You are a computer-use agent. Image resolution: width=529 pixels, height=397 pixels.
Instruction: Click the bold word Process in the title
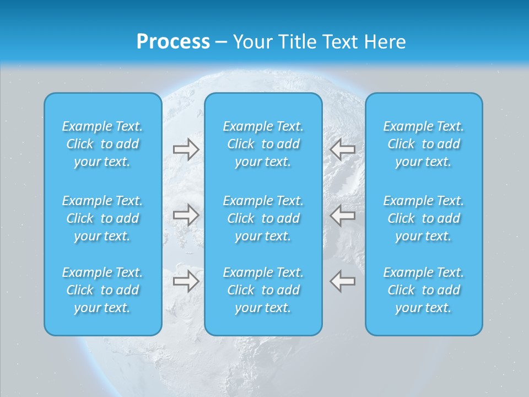173,42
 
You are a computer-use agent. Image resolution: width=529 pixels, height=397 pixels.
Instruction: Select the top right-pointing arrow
186,149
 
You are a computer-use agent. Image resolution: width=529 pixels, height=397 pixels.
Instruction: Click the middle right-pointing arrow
186,215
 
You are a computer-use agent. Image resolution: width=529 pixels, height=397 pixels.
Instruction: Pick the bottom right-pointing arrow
186,281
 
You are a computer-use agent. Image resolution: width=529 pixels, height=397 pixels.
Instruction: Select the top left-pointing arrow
343,149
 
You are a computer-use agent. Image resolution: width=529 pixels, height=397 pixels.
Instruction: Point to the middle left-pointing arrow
343,215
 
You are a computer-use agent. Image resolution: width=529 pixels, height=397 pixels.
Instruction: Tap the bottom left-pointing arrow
343,281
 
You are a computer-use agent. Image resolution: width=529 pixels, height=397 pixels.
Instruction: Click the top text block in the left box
102,144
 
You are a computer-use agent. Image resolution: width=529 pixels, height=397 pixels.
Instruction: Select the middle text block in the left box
102,218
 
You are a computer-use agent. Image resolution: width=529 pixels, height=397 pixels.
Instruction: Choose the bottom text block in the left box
102,290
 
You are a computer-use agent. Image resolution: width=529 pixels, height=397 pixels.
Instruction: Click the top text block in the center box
263,144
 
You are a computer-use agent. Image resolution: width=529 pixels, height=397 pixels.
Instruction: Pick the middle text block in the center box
263,218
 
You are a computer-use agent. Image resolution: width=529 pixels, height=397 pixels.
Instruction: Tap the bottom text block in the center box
263,290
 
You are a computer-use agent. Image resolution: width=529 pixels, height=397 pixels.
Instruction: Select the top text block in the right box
424,144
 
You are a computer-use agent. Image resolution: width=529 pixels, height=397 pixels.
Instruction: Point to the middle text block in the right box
424,218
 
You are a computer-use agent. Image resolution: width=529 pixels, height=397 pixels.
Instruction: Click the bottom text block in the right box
424,290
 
